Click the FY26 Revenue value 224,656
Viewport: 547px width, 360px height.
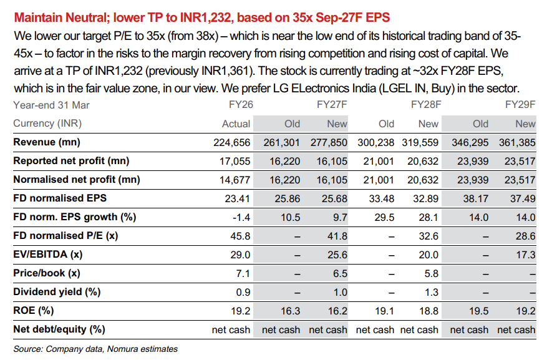click(232, 142)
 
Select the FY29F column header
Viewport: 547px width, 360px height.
click(520, 105)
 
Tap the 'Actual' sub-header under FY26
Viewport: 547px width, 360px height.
click(236, 124)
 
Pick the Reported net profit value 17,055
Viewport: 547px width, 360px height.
click(235, 161)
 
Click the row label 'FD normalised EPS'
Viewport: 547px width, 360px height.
click(60, 198)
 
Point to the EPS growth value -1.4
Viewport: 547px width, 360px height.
click(241, 217)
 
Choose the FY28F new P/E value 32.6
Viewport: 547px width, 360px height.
click(428, 236)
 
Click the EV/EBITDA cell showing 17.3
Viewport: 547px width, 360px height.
click(526, 255)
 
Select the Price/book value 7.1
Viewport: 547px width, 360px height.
click(243, 273)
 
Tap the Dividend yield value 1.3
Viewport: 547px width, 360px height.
click(431, 293)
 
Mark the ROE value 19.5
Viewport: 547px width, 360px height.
click(478, 311)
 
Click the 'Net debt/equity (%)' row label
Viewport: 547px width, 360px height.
click(59, 329)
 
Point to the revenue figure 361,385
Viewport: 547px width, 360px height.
click(517, 142)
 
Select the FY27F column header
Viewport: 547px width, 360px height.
click(332, 105)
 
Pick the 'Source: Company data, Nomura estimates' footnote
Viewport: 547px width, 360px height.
click(95, 349)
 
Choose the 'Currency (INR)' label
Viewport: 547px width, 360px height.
click(47, 124)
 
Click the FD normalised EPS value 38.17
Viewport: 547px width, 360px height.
click(476, 199)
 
